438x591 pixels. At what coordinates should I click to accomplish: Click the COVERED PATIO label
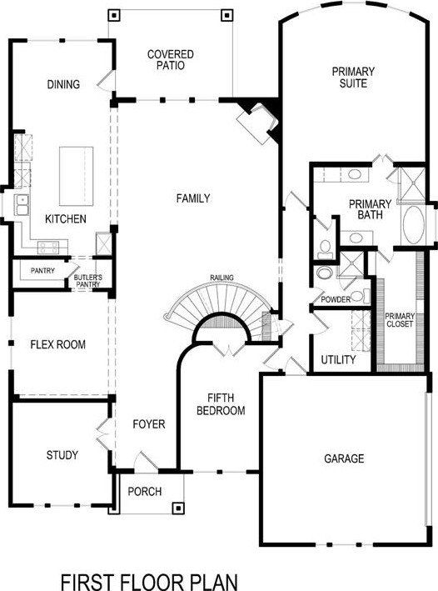[170, 60]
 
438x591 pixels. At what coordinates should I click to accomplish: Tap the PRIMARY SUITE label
[352, 77]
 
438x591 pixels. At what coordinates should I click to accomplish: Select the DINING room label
[63, 84]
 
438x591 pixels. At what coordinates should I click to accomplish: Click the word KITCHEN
[65, 219]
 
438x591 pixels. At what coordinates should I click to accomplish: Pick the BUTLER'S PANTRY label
[87, 280]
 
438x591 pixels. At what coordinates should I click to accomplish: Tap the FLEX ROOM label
[57, 344]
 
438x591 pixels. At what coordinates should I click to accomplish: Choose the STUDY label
[62, 455]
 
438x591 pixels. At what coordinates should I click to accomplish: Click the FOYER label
[149, 424]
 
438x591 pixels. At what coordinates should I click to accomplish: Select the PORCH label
[144, 492]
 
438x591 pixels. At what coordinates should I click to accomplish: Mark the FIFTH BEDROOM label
[220, 404]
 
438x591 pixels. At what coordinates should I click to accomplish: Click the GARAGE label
[344, 458]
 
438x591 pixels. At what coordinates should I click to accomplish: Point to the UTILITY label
[338, 360]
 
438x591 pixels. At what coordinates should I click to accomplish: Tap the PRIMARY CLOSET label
[399, 320]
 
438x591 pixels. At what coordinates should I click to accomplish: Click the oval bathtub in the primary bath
[413, 224]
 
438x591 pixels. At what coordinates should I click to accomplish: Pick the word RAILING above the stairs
[222, 278]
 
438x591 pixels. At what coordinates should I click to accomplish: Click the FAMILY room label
[193, 198]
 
